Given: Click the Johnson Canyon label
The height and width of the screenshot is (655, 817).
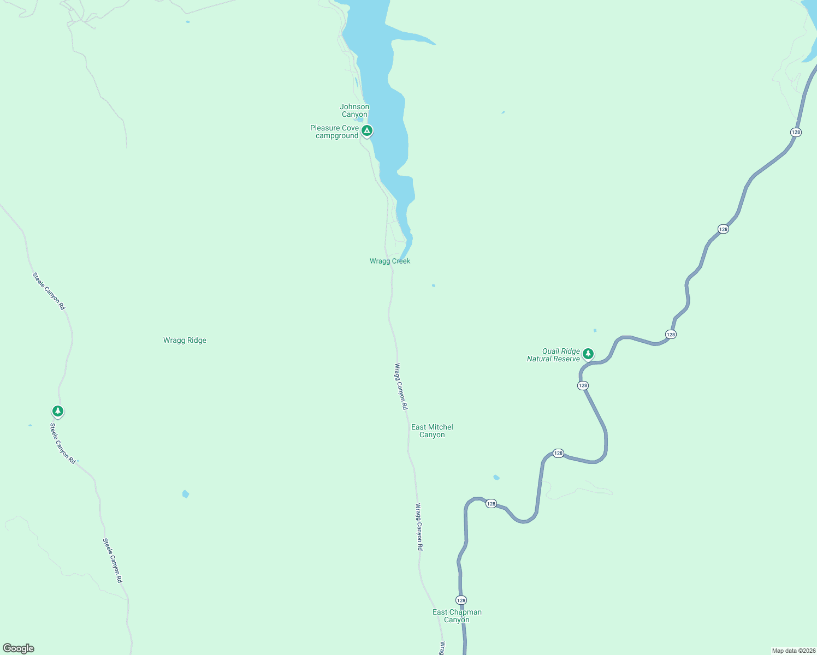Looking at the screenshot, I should [354, 110].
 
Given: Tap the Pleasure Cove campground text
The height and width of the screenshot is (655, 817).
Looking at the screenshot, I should [335, 132].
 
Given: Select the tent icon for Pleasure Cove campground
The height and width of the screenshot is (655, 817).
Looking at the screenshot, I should [368, 130].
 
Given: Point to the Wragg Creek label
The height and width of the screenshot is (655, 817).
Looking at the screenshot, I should [390, 261].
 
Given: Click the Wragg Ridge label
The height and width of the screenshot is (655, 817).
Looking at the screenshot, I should [185, 340].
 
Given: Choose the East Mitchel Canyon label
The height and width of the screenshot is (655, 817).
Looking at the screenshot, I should [432, 431].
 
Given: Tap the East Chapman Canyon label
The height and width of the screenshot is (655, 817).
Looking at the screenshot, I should [457, 616].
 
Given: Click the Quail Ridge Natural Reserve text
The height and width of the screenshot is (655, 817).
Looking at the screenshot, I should [553, 355].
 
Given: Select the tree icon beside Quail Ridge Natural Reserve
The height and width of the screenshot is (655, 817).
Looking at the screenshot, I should [588, 353].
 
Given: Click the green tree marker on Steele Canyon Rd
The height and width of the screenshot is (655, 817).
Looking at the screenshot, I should [58, 410].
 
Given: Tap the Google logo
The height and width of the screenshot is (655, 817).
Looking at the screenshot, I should [19, 648].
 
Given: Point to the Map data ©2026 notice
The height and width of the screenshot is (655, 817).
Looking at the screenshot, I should [794, 651].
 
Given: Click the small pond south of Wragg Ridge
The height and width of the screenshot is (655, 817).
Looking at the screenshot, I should [186, 494].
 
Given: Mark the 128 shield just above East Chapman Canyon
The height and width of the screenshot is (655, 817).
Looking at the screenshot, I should [461, 600].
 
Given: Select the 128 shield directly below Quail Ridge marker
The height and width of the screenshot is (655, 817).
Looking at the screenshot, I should [583, 385].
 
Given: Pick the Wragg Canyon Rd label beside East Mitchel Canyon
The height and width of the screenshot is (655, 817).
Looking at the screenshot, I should [401, 386].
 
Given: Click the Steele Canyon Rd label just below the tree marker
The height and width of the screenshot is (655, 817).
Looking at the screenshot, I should [63, 443].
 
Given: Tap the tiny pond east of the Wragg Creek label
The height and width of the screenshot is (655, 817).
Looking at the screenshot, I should [434, 285].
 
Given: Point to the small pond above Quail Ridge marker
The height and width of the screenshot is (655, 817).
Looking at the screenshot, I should [595, 330].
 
